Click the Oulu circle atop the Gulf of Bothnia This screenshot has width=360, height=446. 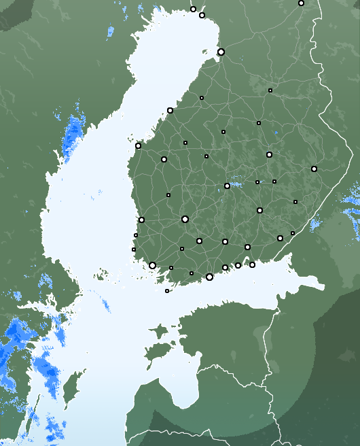221,52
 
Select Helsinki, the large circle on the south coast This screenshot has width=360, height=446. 209,277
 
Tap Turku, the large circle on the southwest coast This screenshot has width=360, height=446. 152,265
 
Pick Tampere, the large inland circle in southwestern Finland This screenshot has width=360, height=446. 185,219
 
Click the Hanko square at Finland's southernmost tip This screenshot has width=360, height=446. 167,291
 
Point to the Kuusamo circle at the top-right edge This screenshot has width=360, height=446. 301,3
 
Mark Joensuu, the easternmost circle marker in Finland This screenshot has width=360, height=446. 314,169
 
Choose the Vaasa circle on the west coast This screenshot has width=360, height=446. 138,145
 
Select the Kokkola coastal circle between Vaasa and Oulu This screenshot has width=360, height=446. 170,110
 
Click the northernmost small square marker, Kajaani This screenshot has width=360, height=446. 270,90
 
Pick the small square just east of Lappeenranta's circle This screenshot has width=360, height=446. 293,233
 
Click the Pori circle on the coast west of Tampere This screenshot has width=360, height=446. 141,220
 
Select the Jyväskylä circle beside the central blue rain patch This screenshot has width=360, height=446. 227,186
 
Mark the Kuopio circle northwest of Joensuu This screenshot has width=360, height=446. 269,154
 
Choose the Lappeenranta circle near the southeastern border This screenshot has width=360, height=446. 280,238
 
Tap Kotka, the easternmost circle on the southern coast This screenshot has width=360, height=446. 252,264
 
